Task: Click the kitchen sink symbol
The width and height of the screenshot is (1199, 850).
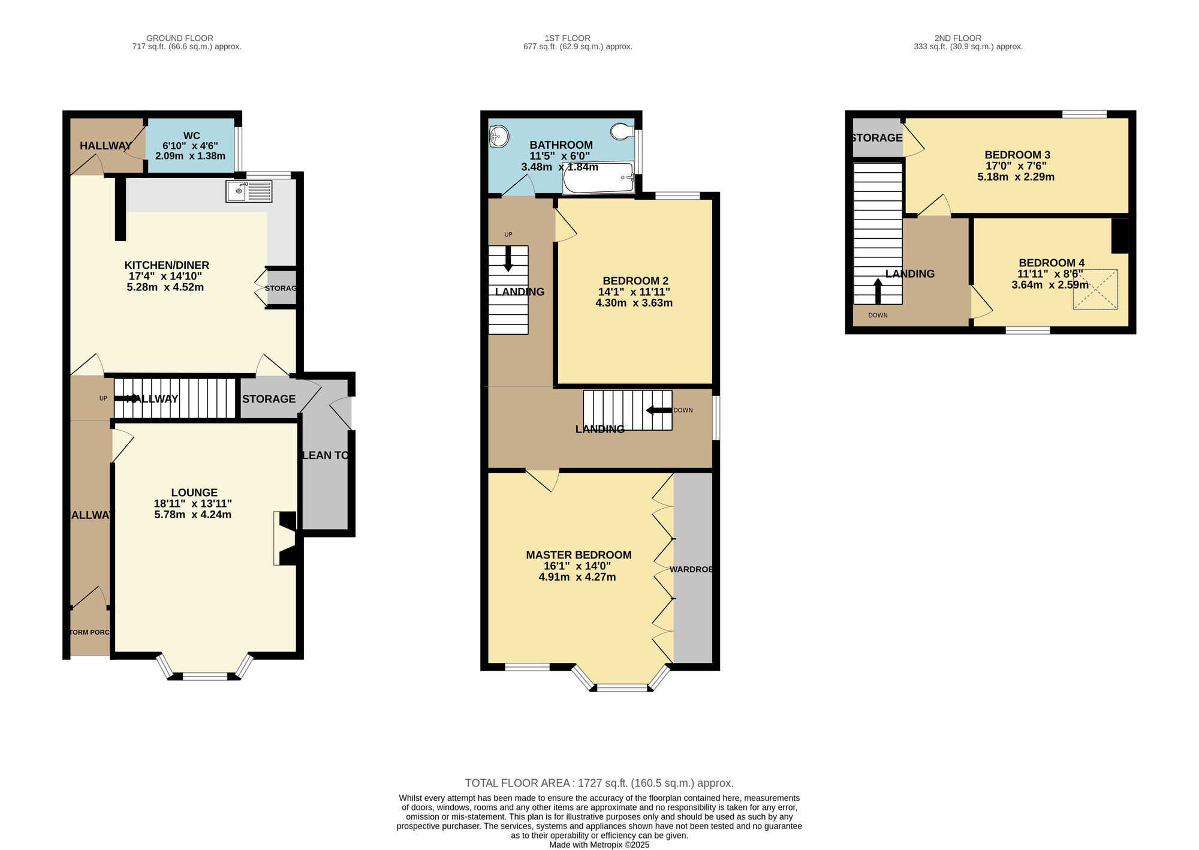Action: coord(249,191)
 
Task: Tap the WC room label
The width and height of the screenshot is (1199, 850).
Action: coord(191,136)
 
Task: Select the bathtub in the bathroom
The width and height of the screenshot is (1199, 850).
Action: coord(598,178)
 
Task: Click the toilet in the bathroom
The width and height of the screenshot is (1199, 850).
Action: coord(622,131)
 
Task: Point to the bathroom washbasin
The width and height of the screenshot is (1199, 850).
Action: coord(498,136)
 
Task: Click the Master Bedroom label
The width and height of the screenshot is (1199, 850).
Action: coord(579,555)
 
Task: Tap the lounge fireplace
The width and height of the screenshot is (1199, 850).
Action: coord(286,538)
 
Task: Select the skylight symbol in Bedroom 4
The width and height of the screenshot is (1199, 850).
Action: coord(1095,290)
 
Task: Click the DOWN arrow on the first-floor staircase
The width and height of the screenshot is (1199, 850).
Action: coord(658,411)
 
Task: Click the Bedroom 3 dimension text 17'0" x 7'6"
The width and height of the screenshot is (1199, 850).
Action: coord(1016,166)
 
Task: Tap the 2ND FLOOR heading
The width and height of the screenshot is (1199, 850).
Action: coord(957,38)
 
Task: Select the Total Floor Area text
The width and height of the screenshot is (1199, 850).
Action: coord(599,783)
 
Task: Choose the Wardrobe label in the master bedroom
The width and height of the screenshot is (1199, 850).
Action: coord(691,569)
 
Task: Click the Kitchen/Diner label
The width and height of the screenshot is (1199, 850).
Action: coord(167,265)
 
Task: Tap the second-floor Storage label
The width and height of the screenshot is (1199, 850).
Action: coord(876,138)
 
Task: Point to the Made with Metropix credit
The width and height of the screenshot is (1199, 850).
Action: coord(599,845)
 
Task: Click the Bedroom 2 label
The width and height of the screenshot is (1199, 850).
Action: coord(635,281)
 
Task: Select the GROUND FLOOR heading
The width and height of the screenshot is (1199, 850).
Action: coord(179,38)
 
